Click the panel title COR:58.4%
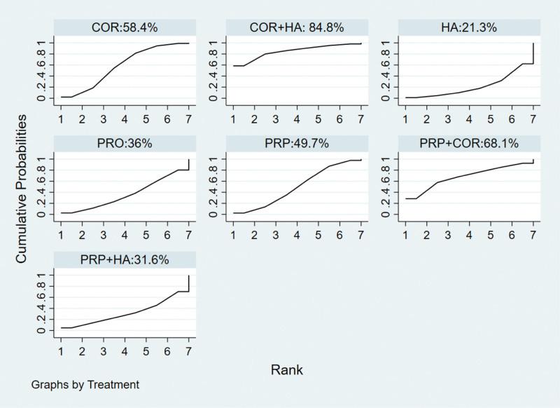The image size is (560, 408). (125, 27)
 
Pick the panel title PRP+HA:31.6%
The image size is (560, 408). (125, 260)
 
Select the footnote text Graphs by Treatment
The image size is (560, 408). (85, 385)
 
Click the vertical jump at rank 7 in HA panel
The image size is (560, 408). (533, 53)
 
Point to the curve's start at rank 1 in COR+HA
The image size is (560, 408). (233, 66)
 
